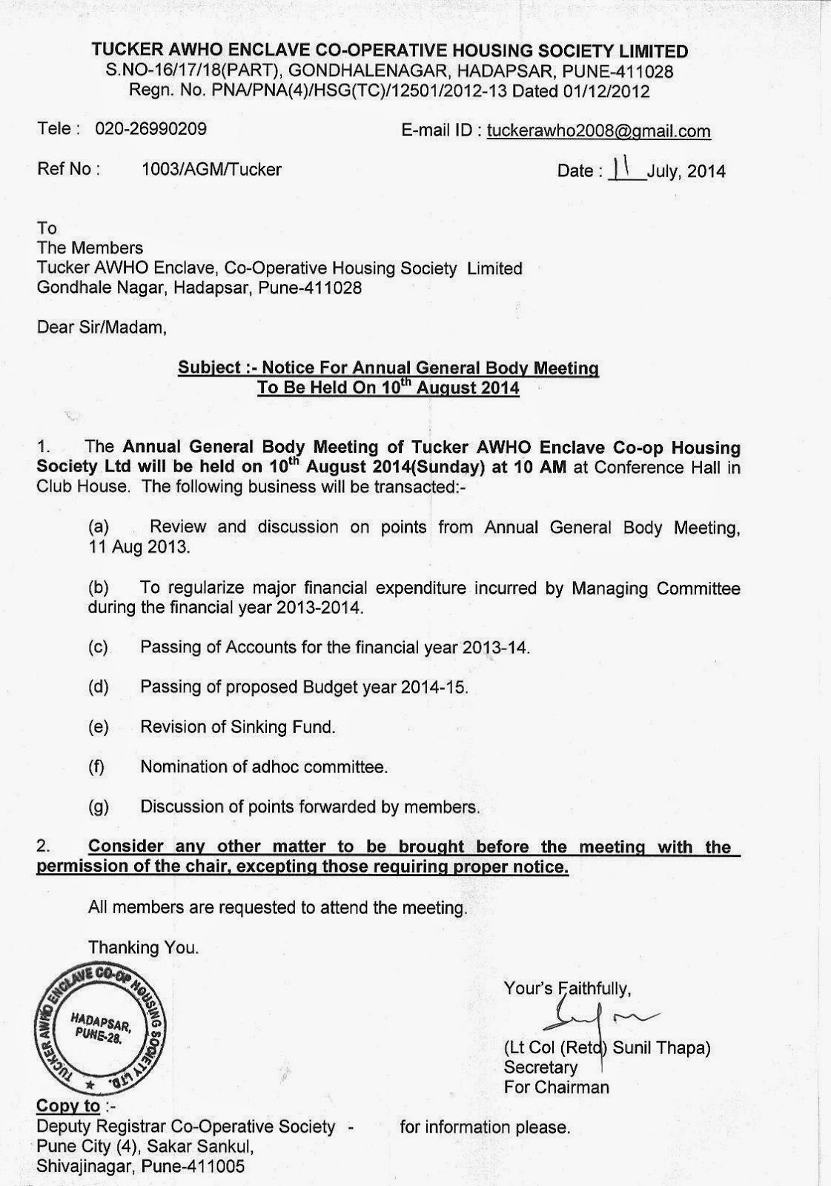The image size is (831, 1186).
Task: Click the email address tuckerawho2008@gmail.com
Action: [x=598, y=131]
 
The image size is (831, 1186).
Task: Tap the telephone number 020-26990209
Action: [x=150, y=129]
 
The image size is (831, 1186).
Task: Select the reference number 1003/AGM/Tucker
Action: [x=211, y=169]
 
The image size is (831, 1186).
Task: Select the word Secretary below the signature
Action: [x=540, y=1067]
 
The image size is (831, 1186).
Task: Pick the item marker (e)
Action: [x=98, y=727]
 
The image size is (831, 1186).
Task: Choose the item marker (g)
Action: [x=98, y=807]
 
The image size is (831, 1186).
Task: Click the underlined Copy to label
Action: [x=68, y=1106]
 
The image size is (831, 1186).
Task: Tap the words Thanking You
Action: [x=143, y=947]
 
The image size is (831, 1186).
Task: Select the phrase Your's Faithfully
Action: [x=568, y=987]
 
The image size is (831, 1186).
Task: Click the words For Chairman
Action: [x=556, y=1087]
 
